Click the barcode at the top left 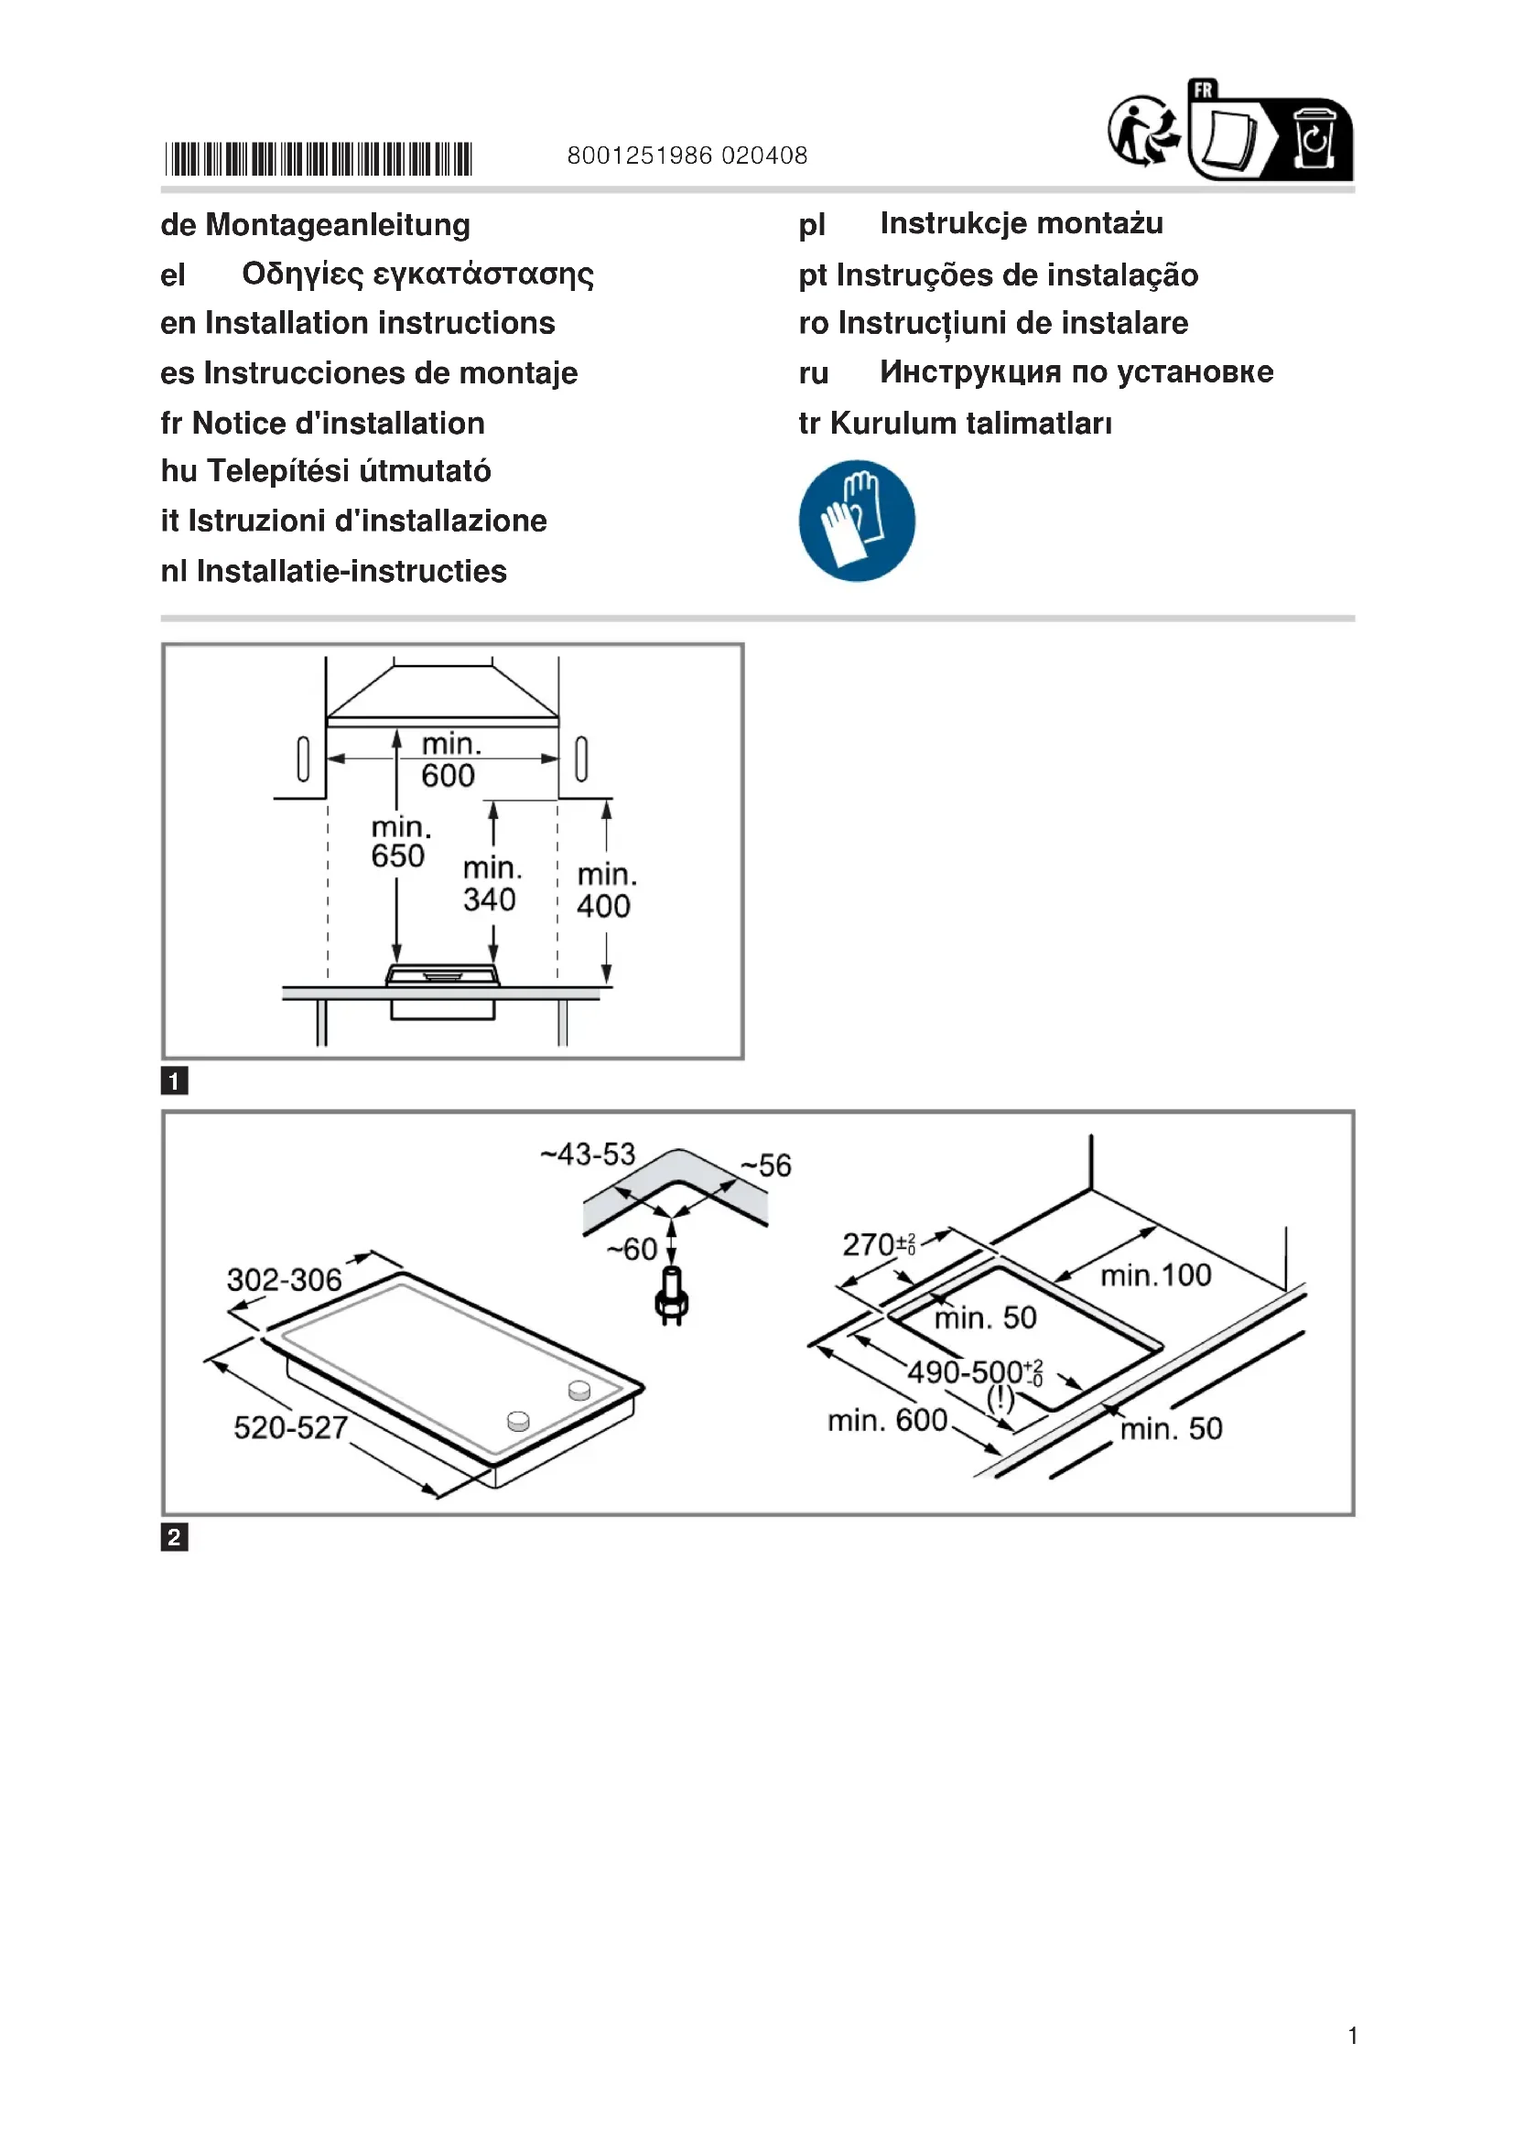point(318,158)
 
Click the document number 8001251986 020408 point(687,156)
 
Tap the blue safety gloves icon point(857,520)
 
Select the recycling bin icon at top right point(1314,140)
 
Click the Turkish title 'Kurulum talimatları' point(970,424)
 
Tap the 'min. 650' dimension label point(399,842)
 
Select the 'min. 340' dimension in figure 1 point(492,884)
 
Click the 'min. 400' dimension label point(606,890)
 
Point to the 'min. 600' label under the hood point(449,759)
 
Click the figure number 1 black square point(174,1081)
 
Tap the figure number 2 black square point(174,1537)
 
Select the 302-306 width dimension point(285,1280)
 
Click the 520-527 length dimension point(290,1427)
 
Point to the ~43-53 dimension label point(588,1155)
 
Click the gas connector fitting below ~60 point(671,1296)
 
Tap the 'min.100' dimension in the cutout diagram point(1156,1274)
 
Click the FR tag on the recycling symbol point(1204,91)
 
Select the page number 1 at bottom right point(1352,2036)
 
